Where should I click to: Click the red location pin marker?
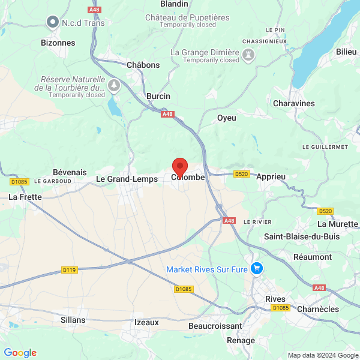pos(180,167)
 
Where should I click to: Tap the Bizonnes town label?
pos(58,43)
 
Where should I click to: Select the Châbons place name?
pos(143,65)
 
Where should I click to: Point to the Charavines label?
pos(293,103)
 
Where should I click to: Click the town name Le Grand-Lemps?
pos(127,178)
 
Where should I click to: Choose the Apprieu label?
pos(271,177)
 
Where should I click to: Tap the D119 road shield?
pos(70,270)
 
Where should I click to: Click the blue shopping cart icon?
pos(257,268)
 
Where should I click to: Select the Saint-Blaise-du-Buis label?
pos(302,236)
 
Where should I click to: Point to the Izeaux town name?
pos(146,322)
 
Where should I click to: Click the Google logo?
pos(20,353)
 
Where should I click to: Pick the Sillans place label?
pos(73,320)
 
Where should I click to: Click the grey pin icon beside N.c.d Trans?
pos(52,23)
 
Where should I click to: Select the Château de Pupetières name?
pos(187,17)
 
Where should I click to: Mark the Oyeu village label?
pos(227,118)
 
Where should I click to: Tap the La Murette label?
pos(337,224)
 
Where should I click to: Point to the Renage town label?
pos(241,340)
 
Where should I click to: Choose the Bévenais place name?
pos(70,172)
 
